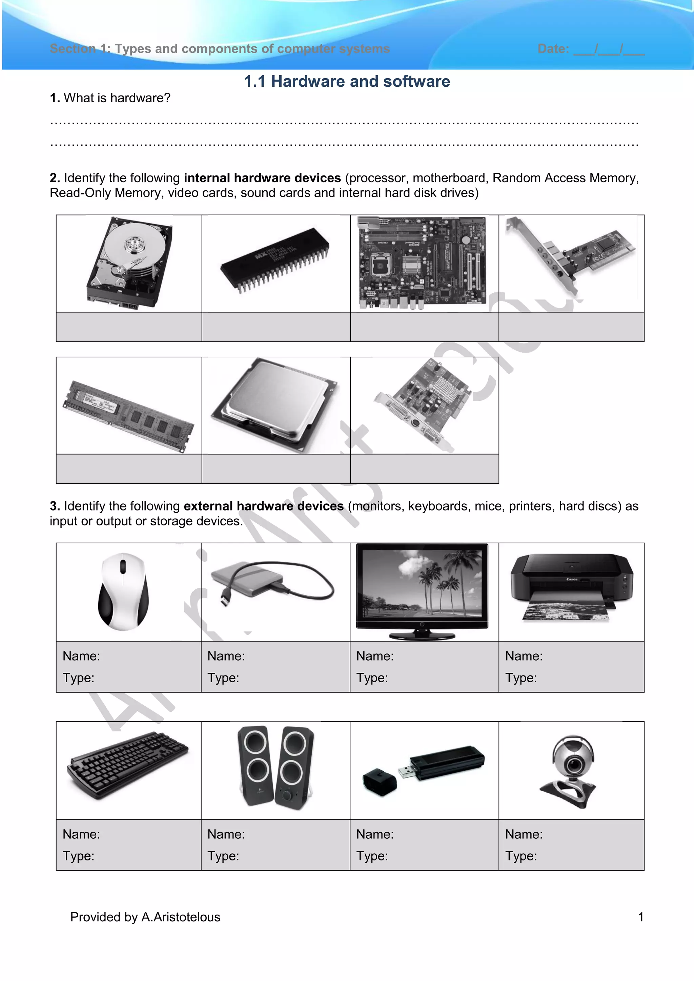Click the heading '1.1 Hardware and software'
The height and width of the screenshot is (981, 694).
(347, 81)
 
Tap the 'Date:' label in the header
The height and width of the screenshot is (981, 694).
(553, 49)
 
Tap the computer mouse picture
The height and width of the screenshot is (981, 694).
(123, 591)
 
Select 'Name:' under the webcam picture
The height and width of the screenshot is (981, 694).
(524, 834)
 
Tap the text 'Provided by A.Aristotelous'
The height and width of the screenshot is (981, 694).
(145, 917)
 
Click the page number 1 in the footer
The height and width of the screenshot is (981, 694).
(640, 917)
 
